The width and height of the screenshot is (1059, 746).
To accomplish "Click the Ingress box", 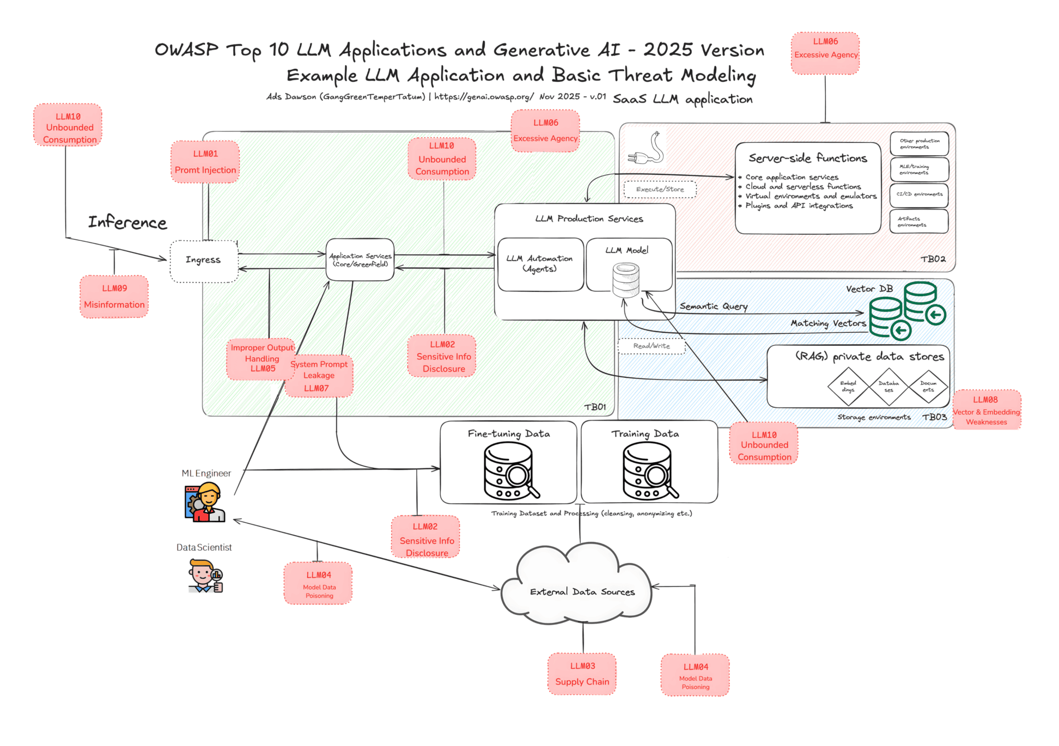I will point(204,261).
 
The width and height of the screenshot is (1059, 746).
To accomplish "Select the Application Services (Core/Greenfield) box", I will point(360,260).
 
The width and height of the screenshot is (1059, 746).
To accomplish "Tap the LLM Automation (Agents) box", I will point(540,264).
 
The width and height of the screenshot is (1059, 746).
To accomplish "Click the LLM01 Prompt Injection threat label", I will point(205,162).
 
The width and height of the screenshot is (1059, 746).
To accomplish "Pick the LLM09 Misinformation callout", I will point(114,297).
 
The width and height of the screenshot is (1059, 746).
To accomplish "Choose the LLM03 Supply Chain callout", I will point(582,674).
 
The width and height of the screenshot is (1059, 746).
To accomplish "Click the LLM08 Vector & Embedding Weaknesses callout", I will point(987,410).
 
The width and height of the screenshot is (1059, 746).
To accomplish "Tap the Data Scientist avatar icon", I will point(205,576).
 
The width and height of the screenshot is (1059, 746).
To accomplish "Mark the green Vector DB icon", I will point(907,310).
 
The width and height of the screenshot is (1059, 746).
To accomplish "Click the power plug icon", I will point(647,148).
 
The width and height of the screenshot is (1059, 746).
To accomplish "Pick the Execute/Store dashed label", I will point(660,189).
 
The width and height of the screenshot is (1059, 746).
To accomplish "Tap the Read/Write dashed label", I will point(652,346).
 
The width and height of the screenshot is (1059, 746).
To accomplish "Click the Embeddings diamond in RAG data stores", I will point(848,386).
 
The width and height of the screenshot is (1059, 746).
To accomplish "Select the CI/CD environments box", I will point(919,194).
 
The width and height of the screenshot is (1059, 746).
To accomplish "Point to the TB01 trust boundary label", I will point(595,407).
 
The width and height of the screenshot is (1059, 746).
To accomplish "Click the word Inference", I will point(127,222).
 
